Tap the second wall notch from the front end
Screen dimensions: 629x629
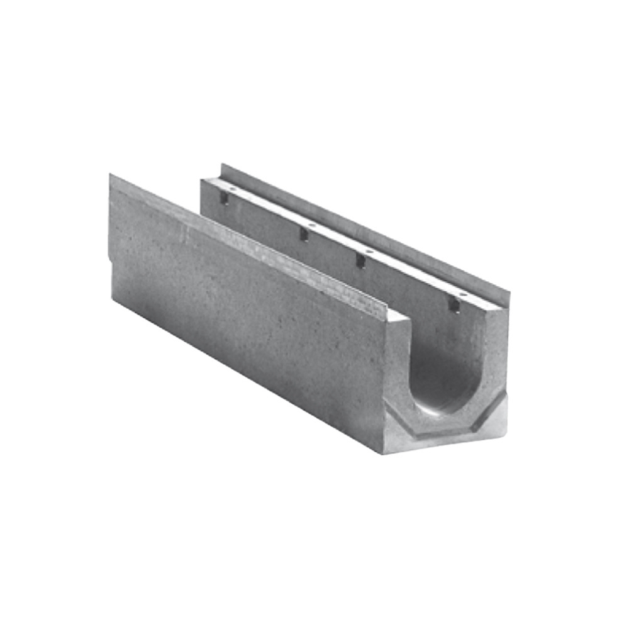click(x=361, y=260)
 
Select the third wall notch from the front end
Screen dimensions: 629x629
click(x=303, y=234)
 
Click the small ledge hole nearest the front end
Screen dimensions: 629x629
click(x=463, y=294)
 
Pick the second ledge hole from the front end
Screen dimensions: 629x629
click(x=369, y=252)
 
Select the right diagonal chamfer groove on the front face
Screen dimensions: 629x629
click(x=491, y=406)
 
